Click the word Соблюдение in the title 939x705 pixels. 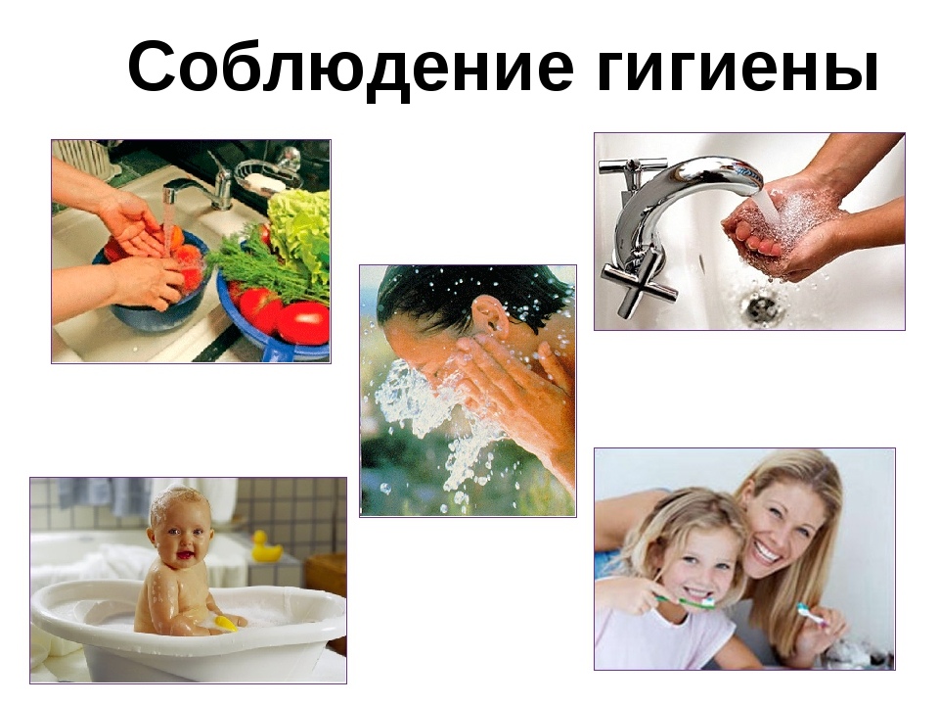pyautogui.click(x=350, y=65)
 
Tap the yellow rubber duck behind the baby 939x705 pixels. pyautogui.click(x=265, y=546)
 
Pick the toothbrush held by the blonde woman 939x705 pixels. pyautogui.click(x=813, y=614)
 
